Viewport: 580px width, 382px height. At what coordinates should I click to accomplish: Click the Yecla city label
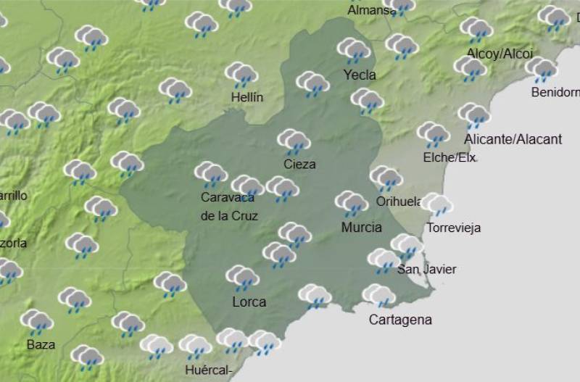[360, 75]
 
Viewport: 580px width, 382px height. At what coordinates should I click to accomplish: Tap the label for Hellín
[246, 97]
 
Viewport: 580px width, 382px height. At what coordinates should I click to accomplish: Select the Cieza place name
[299, 164]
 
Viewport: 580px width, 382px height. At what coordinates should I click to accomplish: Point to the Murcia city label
[361, 227]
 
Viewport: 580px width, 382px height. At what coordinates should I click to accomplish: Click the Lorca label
[249, 302]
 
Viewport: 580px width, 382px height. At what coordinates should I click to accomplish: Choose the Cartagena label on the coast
[400, 320]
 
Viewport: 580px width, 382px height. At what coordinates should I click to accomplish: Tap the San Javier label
[427, 270]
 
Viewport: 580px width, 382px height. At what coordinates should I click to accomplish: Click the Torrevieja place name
[454, 228]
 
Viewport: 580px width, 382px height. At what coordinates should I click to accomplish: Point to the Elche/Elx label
[448, 157]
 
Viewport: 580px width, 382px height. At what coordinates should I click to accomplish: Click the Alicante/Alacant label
[513, 139]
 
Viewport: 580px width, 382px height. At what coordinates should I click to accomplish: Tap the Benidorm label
[555, 92]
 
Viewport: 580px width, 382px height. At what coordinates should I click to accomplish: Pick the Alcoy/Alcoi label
[500, 54]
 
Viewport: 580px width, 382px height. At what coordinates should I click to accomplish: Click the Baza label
[41, 344]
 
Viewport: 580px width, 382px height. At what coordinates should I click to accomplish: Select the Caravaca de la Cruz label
[229, 207]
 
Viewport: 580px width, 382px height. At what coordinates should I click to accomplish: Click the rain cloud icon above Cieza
[294, 141]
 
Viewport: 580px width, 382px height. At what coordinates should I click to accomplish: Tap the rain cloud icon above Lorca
[242, 277]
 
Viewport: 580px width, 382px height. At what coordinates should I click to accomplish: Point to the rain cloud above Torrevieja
[437, 204]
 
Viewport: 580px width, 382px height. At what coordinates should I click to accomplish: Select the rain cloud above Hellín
[241, 74]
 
